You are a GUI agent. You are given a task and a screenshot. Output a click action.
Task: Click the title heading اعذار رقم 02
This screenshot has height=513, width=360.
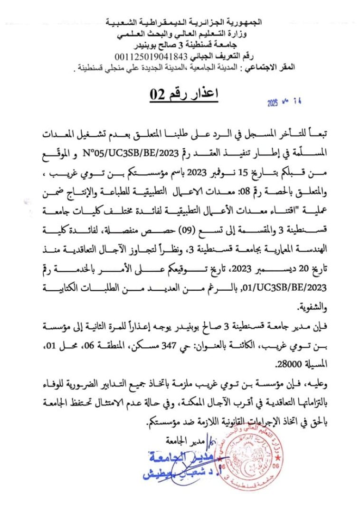[183, 94]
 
